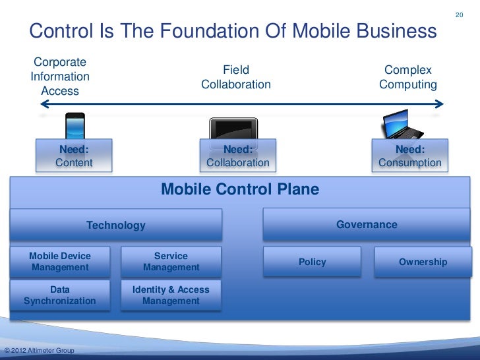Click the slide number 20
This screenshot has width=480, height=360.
point(460,15)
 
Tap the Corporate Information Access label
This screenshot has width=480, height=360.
point(60,77)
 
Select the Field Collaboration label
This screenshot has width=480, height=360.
point(236,77)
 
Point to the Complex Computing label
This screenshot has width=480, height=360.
point(408,77)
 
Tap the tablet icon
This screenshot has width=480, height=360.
point(233,129)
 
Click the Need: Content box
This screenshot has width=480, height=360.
point(74,156)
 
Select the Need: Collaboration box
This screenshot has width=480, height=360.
point(238,156)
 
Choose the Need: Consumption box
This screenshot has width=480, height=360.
point(409,156)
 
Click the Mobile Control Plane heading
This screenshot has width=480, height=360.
point(240,190)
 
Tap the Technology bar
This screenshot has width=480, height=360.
point(116,225)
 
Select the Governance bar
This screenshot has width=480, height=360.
point(367,225)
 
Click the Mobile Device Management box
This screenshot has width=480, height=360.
point(60,262)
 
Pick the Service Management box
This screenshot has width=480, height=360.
point(171,262)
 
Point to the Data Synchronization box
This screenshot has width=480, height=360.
point(60,295)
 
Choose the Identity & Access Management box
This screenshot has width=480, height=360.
point(171,295)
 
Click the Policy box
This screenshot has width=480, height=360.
point(313,262)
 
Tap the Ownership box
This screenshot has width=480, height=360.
point(423,262)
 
